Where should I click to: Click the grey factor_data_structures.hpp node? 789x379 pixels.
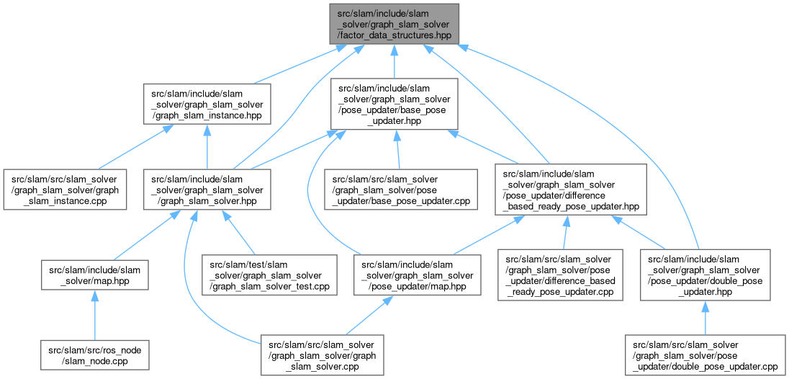393,23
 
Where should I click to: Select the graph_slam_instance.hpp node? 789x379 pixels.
207,104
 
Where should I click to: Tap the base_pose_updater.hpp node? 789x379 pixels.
393,104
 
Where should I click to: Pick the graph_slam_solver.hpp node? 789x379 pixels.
207,189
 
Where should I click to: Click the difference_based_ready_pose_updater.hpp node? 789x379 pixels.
567,189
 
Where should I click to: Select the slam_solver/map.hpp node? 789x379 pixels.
95,274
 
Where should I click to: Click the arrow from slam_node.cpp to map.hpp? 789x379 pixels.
95,312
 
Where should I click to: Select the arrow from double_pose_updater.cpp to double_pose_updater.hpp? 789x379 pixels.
705,318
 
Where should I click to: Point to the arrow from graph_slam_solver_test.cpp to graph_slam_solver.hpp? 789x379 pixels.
238,232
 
